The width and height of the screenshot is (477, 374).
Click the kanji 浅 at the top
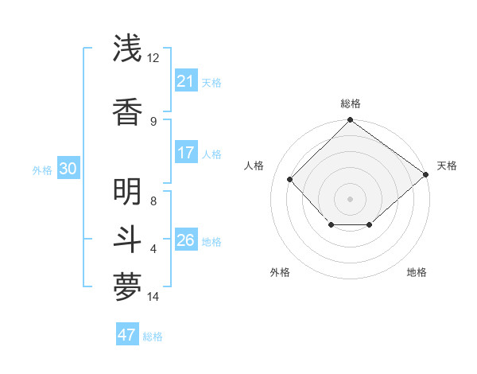click(127, 49)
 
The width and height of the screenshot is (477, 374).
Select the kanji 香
click(127, 112)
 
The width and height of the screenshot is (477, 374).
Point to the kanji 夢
click(127, 288)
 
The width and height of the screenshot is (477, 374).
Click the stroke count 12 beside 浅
click(153, 58)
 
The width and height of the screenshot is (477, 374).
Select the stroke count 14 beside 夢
click(153, 297)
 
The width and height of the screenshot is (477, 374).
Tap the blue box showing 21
click(185, 81)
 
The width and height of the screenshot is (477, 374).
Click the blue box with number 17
click(185, 153)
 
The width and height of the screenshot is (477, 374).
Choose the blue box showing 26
click(185, 240)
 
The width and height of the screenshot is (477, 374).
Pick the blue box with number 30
click(68, 169)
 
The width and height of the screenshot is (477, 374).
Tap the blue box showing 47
click(127, 335)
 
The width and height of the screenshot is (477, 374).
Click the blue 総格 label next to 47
click(153, 337)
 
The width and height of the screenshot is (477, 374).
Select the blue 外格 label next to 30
click(42, 169)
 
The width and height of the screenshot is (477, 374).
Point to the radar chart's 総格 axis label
click(350, 103)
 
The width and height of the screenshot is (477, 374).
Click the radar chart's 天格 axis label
click(447, 166)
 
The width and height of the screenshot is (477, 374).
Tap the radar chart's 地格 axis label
click(417, 272)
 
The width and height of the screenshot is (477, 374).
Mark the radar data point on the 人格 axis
click(290, 179)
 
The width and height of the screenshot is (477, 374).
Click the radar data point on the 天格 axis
click(426, 173)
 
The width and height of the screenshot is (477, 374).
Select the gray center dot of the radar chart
click(350, 198)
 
